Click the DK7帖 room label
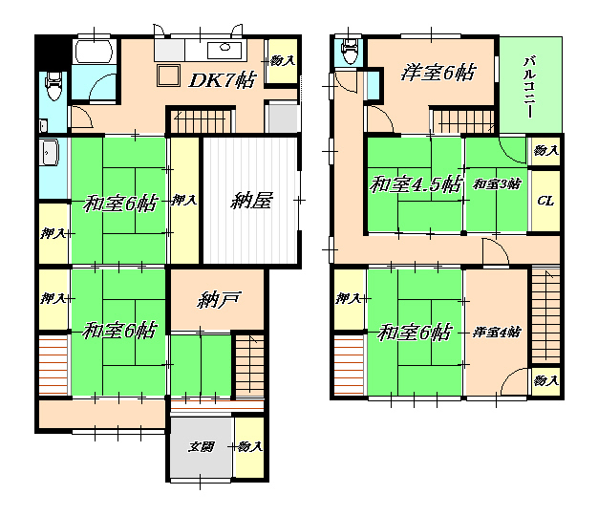coord(223,80)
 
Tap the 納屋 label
coord(251,201)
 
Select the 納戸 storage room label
coord(218,300)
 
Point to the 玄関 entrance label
coord(201,446)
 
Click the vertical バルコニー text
coord(529,87)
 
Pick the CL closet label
coord(545,201)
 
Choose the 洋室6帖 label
coord(438,73)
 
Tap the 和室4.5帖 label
coord(416,184)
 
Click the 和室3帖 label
coord(497,184)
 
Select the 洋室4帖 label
coord(497,333)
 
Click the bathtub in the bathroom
coord(95,52)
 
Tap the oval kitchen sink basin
coord(224,47)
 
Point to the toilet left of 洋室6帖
coord(350,51)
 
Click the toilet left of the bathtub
coord(53,86)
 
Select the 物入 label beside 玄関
coord(249,446)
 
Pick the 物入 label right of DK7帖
coord(283,60)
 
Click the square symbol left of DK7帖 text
coord(168,75)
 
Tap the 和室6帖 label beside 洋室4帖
coord(415,333)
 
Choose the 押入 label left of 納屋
coord(183,200)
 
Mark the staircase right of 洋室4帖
coord(545,316)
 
